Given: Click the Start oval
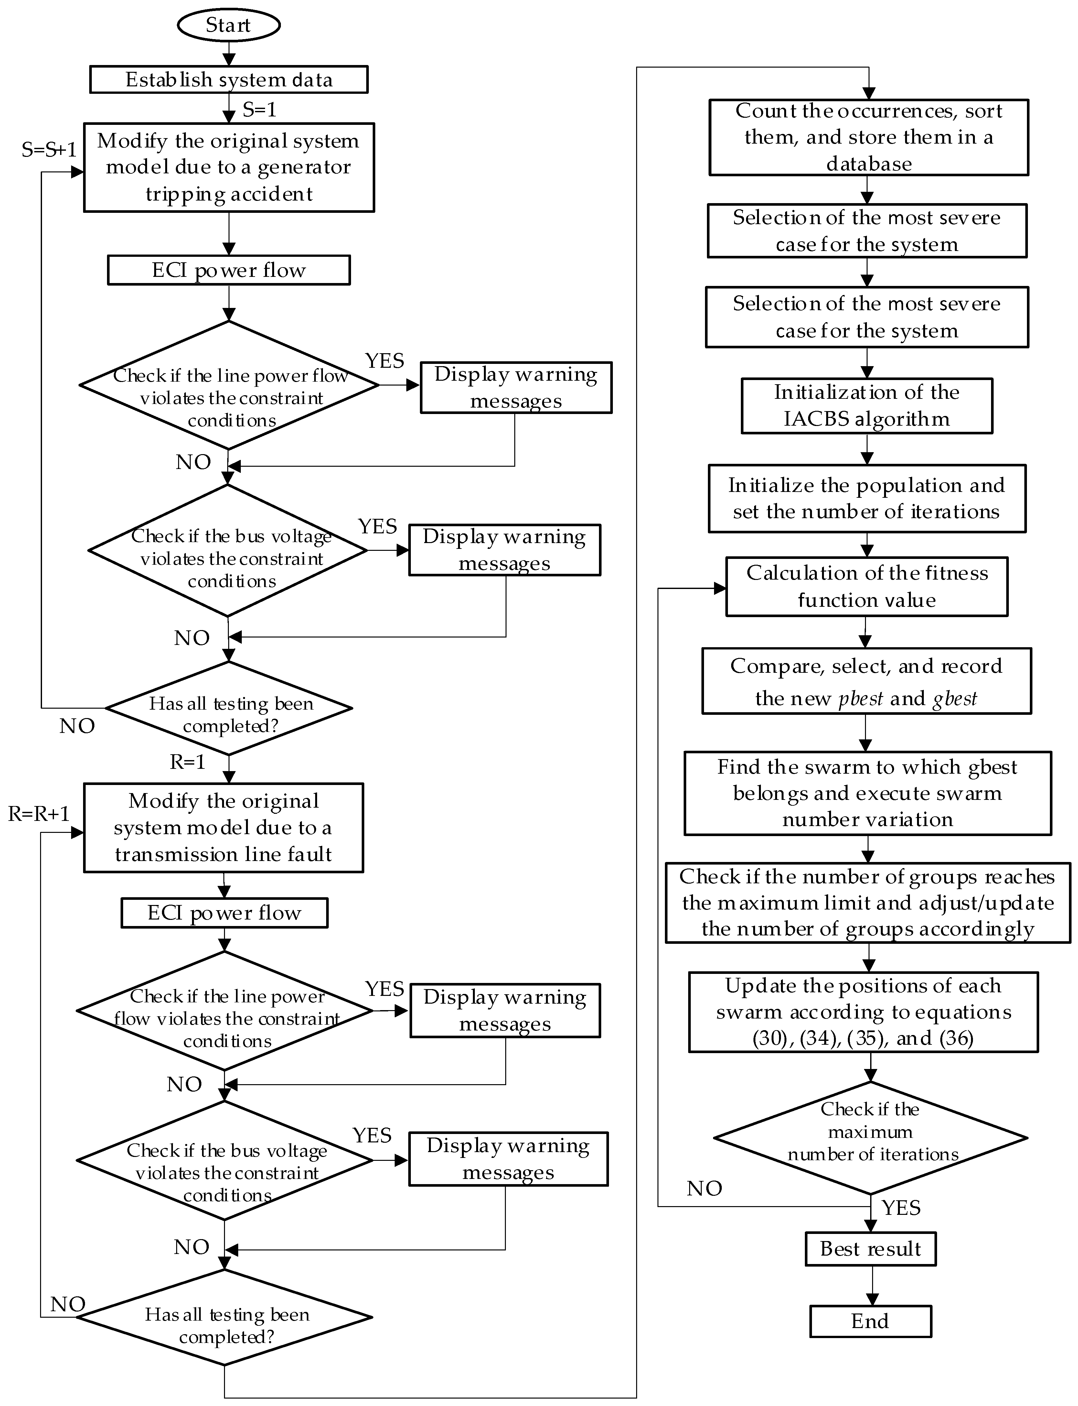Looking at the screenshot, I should (229, 26).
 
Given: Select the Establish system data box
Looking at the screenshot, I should (229, 80).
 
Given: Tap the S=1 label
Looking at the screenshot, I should (259, 110).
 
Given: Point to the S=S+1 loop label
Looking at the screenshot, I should (49, 149).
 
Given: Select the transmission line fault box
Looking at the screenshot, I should (223, 828).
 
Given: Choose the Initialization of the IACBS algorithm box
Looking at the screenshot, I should (867, 406).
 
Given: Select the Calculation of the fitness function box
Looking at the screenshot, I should (867, 587).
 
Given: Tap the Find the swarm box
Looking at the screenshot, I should (868, 793).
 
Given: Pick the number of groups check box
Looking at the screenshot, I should (868, 903).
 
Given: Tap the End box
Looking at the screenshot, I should (870, 1321).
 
